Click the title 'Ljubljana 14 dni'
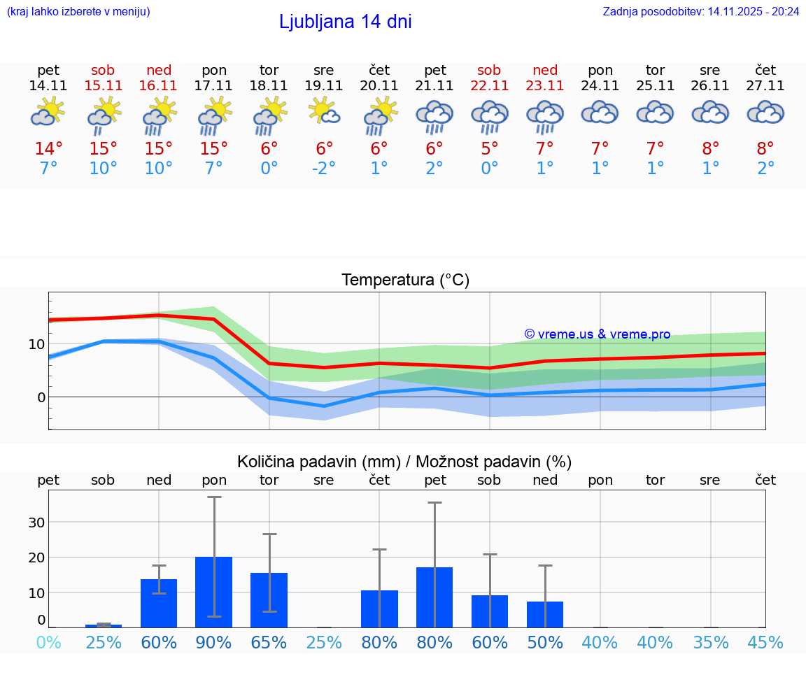[345, 22]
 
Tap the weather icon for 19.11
[324, 112]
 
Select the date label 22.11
[489, 85]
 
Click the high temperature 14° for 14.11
[48, 149]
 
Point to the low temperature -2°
[324, 169]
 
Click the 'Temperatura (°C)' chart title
[405, 280]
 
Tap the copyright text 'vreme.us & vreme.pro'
[598, 334]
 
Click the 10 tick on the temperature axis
[36, 344]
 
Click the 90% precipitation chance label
[214, 642]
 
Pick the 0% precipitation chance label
[48, 642]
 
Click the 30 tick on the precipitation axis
[36, 523]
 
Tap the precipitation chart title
[404, 462]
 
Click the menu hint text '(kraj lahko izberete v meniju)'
[78, 11]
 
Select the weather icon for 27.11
[765, 112]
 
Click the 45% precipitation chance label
[765, 642]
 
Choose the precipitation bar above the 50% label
[545, 614]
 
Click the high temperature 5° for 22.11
[489, 149]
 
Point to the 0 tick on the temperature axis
[41, 397]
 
